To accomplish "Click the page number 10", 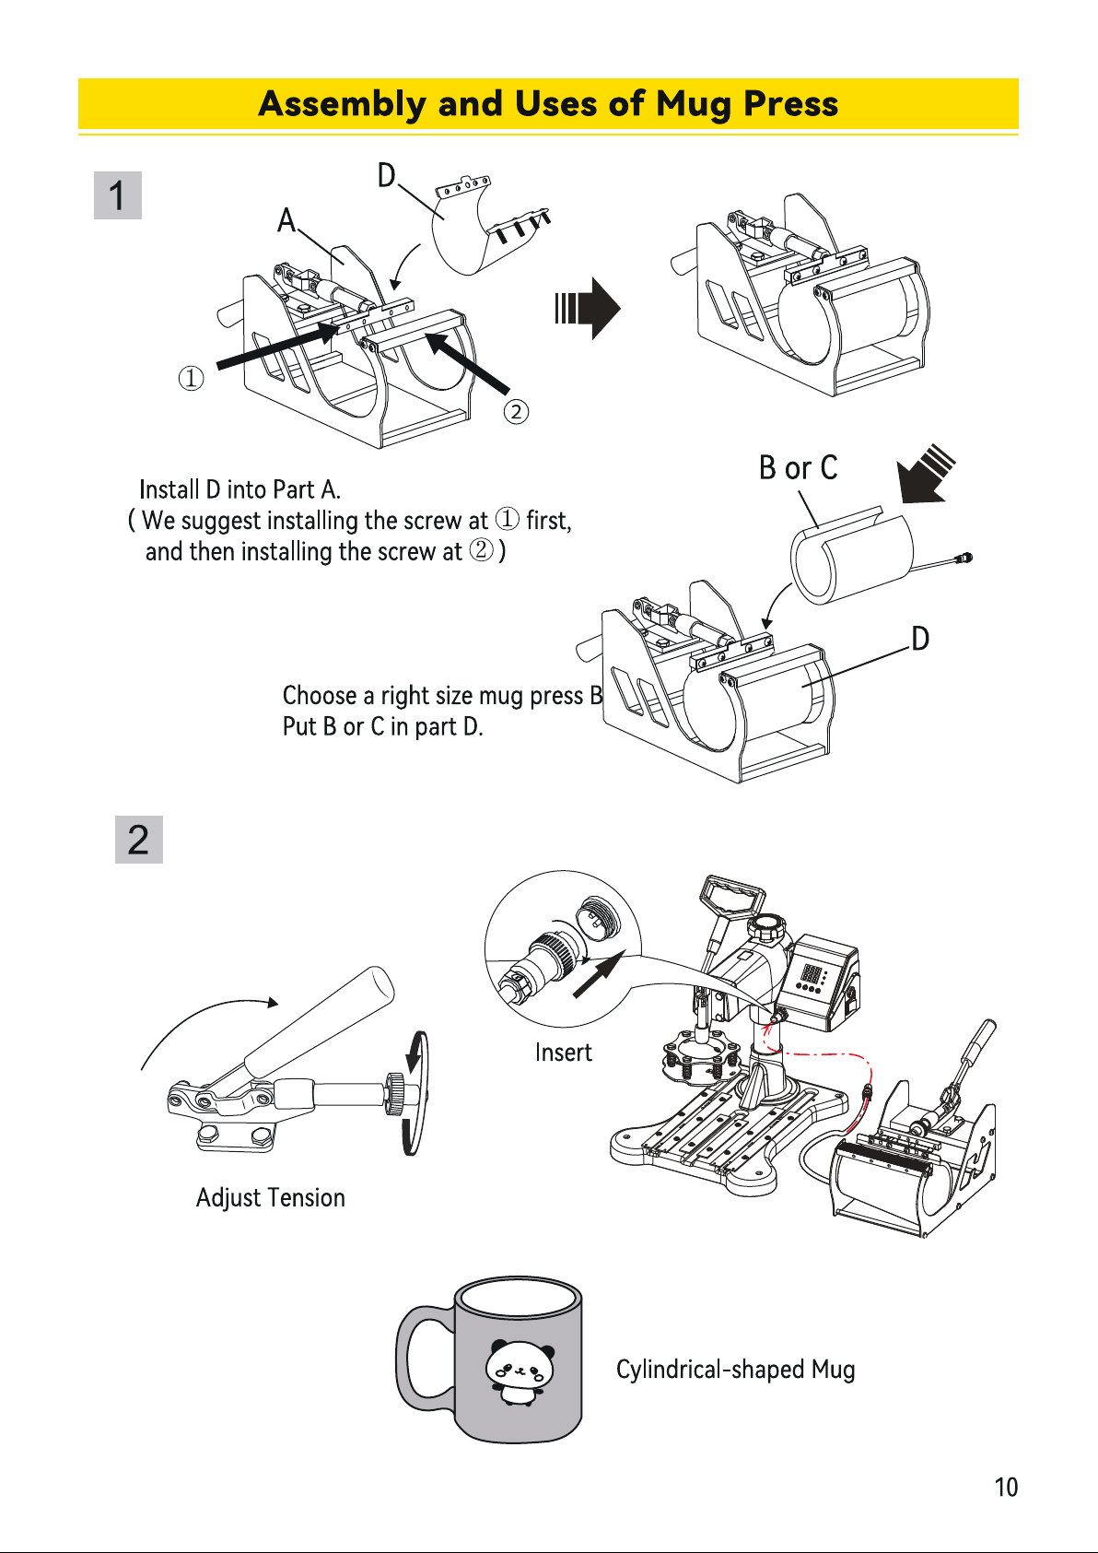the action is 1006,1488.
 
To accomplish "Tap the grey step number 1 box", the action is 118,195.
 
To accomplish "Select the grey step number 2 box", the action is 138,840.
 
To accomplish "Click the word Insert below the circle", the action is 563,1053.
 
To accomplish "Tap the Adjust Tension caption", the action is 270,1197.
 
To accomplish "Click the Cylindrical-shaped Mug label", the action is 736,1370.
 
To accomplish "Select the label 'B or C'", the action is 798,467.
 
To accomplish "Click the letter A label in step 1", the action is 286,220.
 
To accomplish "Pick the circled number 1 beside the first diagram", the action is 192,379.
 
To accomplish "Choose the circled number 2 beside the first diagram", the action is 516,412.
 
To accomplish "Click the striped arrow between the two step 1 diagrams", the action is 588,308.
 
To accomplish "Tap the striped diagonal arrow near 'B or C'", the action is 926,474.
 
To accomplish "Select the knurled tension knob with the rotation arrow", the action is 395,1093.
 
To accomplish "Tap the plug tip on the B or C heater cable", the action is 964,557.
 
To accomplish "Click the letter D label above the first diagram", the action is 387,175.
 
